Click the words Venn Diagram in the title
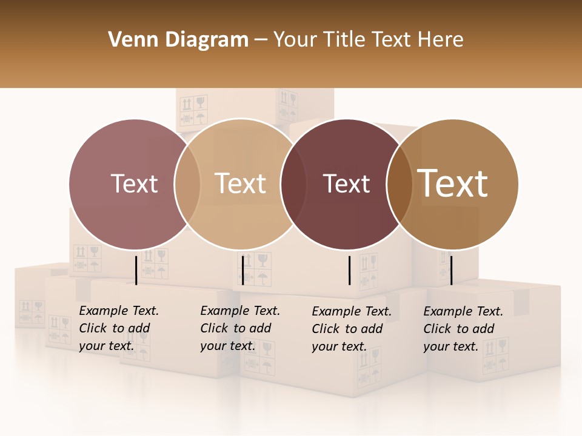[178, 40]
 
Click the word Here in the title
[441, 40]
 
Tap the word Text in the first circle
[134, 183]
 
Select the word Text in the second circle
[240, 183]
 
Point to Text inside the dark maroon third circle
[346, 183]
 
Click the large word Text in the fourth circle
[453, 183]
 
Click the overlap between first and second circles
[187, 184]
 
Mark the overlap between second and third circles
[293, 184]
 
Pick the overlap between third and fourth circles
[399, 184]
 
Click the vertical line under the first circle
[136, 270]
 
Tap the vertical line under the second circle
[242, 270]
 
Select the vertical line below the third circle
[350, 270]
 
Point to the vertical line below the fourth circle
[451, 270]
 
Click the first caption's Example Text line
[119, 311]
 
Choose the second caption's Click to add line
[235, 328]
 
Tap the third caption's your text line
[339, 346]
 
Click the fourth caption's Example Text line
[463, 311]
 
